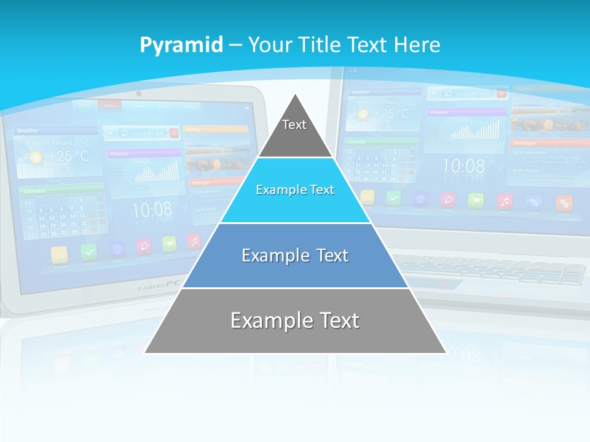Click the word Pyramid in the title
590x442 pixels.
click(181, 45)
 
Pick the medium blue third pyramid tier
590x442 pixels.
click(295, 255)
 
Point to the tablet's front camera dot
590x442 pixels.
click(139, 94)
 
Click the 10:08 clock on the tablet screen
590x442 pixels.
click(152, 211)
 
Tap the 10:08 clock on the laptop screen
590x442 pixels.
click(463, 166)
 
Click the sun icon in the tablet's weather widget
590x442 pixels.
click(36, 157)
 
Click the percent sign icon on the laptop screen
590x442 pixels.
click(534, 202)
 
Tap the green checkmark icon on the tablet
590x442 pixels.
click(90, 251)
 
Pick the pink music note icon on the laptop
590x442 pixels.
click(505, 201)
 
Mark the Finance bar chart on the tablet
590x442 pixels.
click(157, 171)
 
